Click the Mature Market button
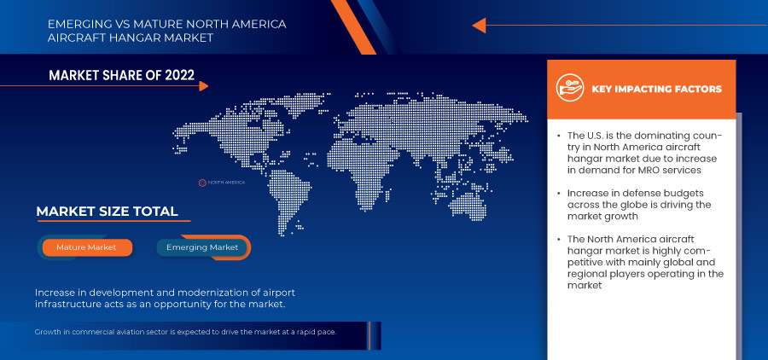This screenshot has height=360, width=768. click(85, 247)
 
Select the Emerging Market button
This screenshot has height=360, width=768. click(201, 247)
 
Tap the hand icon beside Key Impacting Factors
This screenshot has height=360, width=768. click(568, 88)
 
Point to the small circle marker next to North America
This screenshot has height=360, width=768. click(202, 183)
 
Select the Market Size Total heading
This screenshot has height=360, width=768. click(107, 212)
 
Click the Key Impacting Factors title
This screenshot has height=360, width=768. click(656, 89)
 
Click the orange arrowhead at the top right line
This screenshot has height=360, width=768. click(479, 26)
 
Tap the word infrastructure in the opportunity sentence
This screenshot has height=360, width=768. click(72, 305)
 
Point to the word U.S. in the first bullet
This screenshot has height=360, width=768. click(601, 136)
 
